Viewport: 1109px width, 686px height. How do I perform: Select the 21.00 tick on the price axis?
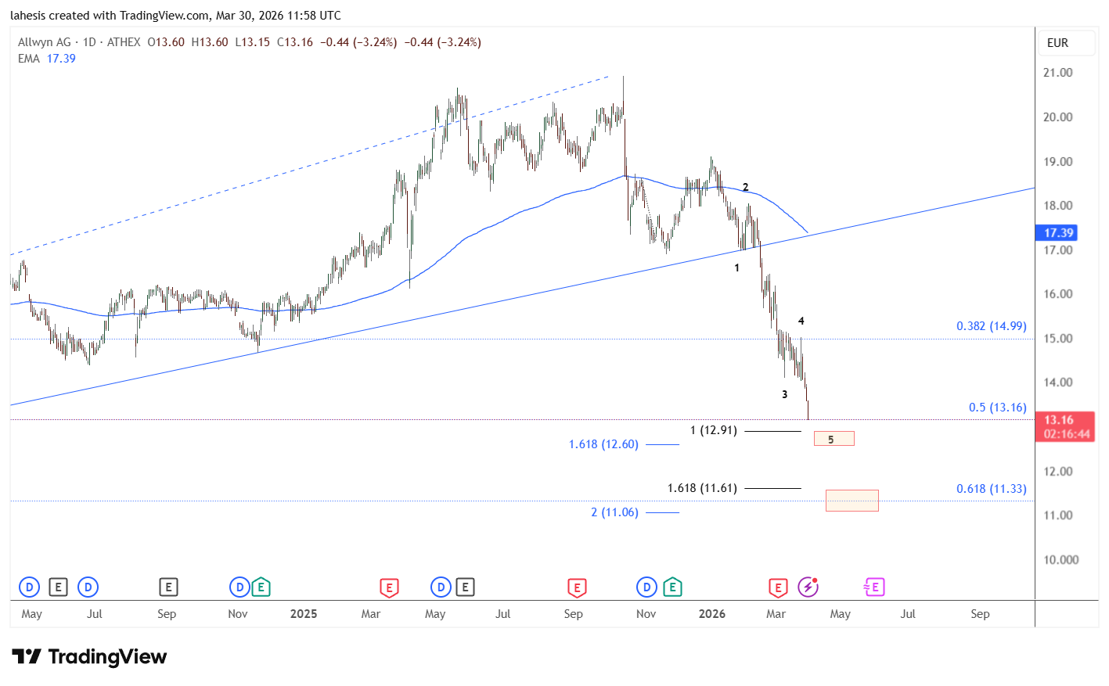tap(1057, 73)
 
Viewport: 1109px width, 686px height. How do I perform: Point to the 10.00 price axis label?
tap(1060, 560)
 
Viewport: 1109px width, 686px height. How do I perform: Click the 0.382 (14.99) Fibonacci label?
tap(991, 326)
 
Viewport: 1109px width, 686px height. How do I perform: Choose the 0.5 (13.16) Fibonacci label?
tap(997, 408)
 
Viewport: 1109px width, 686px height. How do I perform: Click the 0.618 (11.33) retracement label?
tap(991, 489)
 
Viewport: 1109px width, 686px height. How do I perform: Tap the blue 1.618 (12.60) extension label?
tap(603, 444)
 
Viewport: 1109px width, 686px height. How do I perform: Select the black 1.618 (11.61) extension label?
tap(702, 488)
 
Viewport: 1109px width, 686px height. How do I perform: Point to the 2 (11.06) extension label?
tap(614, 512)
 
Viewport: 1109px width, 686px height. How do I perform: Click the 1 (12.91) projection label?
tap(713, 430)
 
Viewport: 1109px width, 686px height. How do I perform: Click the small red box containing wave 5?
tap(834, 439)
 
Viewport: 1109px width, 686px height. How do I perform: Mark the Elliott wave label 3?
tap(784, 394)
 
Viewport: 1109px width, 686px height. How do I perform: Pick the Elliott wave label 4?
tap(801, 321)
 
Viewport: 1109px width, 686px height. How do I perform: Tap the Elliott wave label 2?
tap(745, 187)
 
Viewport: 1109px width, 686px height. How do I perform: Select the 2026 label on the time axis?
tap(711, 614)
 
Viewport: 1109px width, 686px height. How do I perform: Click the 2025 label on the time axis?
tap(304, 614)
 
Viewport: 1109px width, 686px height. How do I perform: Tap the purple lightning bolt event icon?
tap(808, 587)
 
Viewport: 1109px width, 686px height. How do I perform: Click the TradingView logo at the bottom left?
tap(89, 656)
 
